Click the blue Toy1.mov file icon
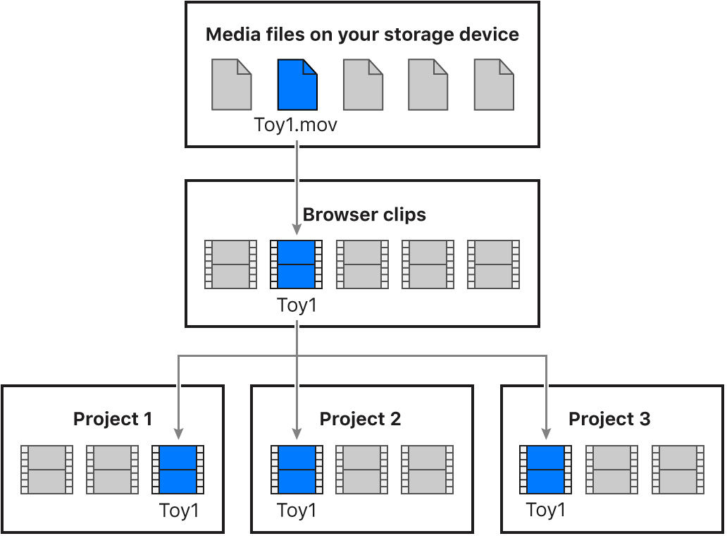[x=297, y=85]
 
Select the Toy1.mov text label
[x=296, y=126]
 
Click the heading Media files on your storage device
[x=362, y=35]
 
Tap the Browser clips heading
[x=364, y=214]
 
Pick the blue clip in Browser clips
[x=297, y=264]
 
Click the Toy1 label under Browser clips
[x=297, y=305]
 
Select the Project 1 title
[x=113, y=419]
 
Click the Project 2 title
[x=360, y=419]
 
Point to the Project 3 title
[x=609, y=419]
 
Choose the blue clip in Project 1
[x=178, y=469]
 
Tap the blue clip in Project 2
[x=297, y=469]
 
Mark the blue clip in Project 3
[x=546, y=469]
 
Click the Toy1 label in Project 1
[x=179, y=510]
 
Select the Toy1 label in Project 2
[x=297, y=510]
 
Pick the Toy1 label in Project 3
[x=546, y=510]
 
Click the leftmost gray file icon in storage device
[x=232, y=85]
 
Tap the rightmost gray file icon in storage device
[x=494, y=85]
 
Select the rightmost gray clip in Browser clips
[x=494, y=264]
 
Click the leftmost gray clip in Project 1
[x=46, y=469]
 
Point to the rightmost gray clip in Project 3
[x=678, y=469]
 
